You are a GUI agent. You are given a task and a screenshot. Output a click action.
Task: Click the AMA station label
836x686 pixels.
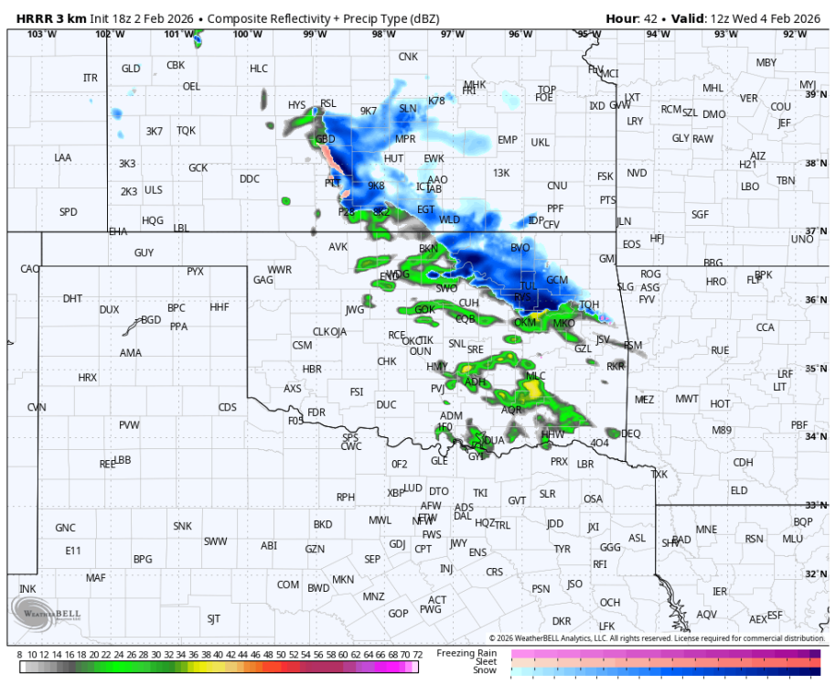(x=132, y=352)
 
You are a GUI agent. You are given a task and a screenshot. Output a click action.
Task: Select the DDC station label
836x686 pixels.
(x=250, y=179)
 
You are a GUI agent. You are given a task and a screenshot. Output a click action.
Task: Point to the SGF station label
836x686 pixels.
(x=700, y=214)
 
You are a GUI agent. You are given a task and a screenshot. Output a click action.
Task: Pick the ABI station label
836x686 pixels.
(x=268, y=545)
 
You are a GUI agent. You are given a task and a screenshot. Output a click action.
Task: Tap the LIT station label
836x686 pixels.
(x=779, y=387)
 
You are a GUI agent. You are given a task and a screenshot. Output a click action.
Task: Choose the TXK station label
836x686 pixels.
(x=659, y=475)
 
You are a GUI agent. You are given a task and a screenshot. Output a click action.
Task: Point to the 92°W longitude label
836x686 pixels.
(x=794, y=34)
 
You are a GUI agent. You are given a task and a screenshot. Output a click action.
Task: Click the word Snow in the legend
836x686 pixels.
(x=485, y=670)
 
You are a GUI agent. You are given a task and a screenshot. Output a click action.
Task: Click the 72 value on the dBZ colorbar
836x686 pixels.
(x=417, y=655)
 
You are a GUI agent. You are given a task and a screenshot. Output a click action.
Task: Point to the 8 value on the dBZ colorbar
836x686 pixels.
(x=20, y=655)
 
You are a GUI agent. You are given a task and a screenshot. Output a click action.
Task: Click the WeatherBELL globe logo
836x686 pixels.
(x=25, y=611)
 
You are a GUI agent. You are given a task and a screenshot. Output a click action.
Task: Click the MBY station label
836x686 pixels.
(x=766, y=62)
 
